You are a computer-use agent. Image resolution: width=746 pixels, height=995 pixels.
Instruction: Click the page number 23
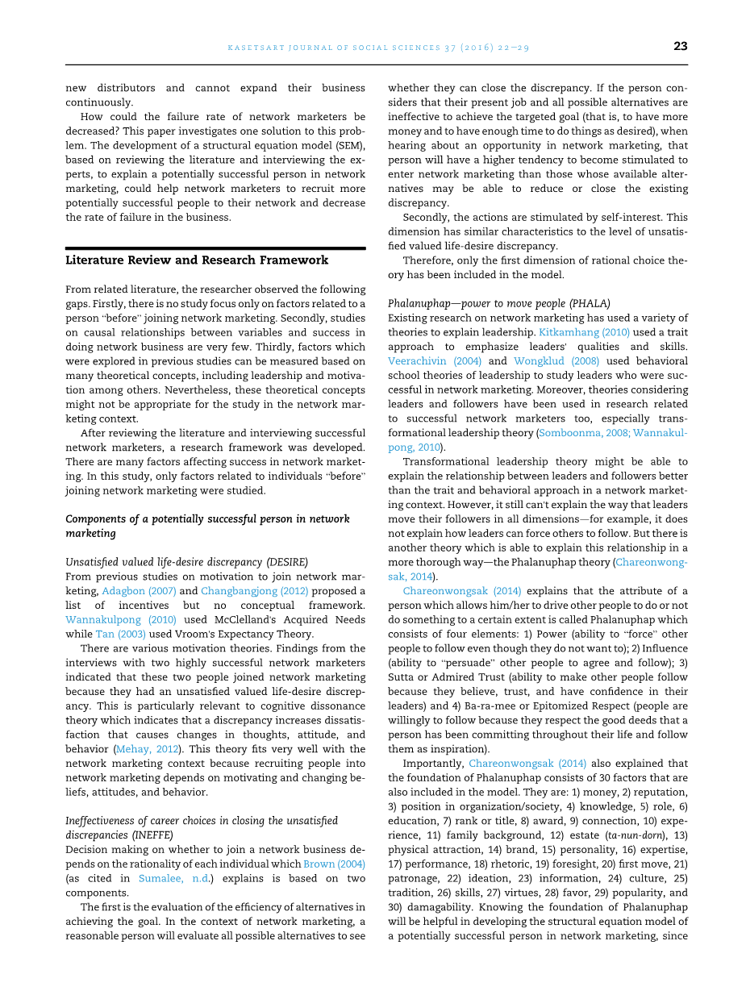(x=680, y=47)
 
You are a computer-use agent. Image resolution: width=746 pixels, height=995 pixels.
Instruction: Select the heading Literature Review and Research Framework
(x=197, y=260)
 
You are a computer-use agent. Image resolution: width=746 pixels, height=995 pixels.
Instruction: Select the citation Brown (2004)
(x=334, y=864)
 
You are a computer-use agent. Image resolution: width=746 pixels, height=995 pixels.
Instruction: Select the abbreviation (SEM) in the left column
(x=349, y=145)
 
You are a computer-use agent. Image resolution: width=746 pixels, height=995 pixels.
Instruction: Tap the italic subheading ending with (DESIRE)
(x=186, y=562)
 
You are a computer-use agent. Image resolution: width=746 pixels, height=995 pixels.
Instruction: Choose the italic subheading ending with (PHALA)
(x=498, y=303)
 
